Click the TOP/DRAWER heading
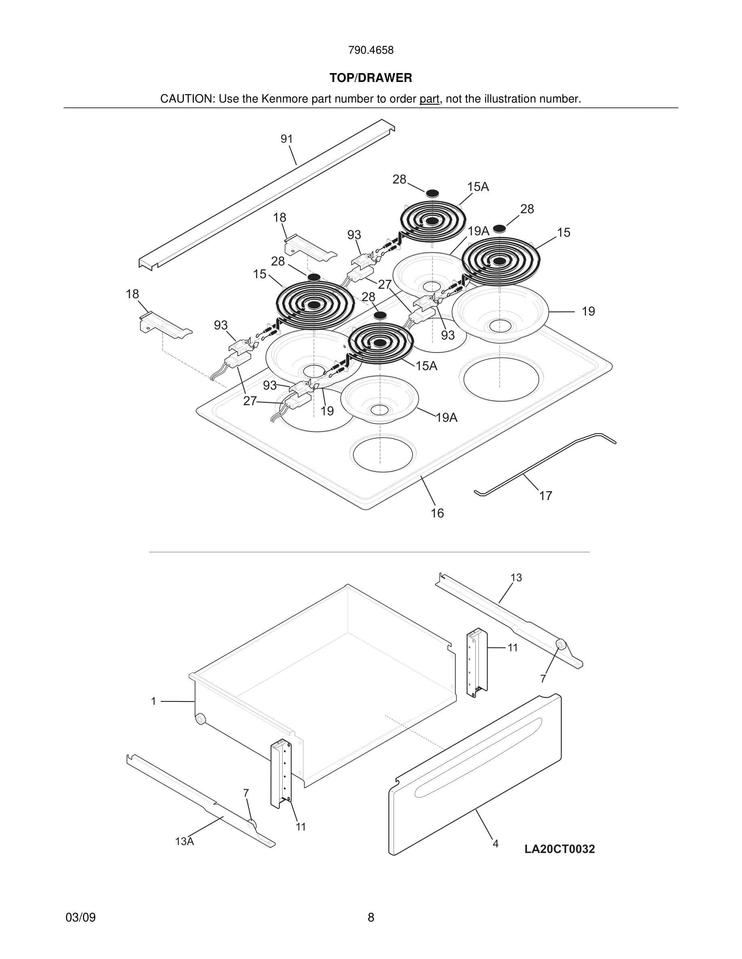pyautogui.click(x=371, y=78)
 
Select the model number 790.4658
pyautogui.click(x=371, y=50)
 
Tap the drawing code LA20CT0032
pyautogui.click(x=559, y=849)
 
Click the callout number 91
pyautogui.click(x=287, y=139)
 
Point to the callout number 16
pyautogui.click(x=437, y=513)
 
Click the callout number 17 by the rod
pyautogui.click(x=545, y=496)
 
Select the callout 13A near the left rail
pyautogui.click(x=184, y=841)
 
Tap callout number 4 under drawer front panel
pyautogui.click(x=495, y=844)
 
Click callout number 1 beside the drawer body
pyautogui.click(x=154, y=701)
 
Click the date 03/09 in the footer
pyautogui.click(x=80, y=917)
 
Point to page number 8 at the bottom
pyautogui.click(x=371, y=917)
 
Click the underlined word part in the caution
pyautogui.click(x=429, y=99)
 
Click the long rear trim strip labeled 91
pyautogui.click(x=264, y=193)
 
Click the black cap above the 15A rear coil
pyautogui.click(x=432, y=193)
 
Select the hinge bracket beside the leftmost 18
pyautogui.click(x=165, y=325)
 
